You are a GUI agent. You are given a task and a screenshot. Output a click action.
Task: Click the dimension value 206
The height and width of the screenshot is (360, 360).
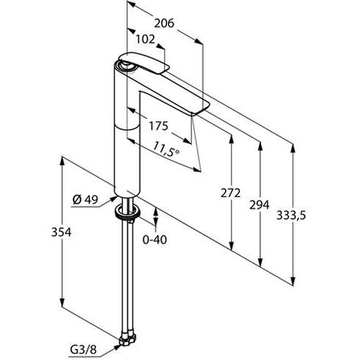point(164,24)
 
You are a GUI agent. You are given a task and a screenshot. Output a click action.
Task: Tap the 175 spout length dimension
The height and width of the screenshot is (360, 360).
point(159,126)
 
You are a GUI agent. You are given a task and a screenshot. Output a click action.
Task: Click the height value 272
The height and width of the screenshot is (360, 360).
point(231,193)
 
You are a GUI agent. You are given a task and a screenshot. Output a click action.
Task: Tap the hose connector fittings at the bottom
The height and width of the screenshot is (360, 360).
point(128,338)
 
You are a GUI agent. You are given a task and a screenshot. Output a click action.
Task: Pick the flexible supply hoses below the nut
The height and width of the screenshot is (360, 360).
point(128,280)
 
